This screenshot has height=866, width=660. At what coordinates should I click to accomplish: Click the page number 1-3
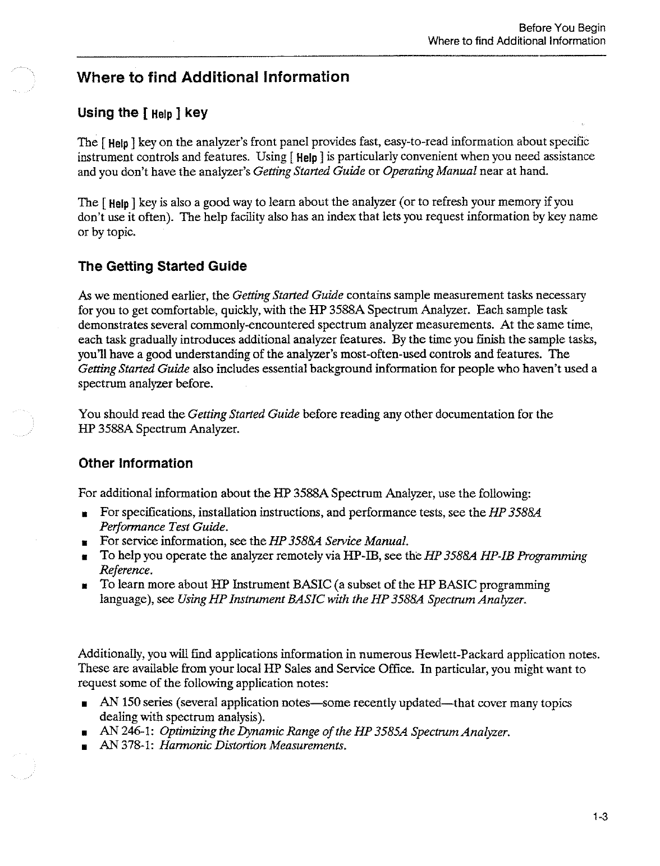pyautogui.click(x=601, y=817)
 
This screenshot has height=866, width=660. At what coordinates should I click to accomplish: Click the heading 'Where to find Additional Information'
pyautogui.click(x=213, y=77)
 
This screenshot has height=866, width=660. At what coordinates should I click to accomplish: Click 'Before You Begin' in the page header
pyautogui.click(x=562, y=28)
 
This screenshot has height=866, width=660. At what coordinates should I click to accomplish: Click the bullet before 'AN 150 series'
pyautogui.click(x=83, y=704)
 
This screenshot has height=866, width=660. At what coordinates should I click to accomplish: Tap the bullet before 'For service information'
pyautogui.click(x=83, y=542)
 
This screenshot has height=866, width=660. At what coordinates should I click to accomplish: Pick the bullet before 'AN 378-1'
pyautogui.click(x=83, y=747)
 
